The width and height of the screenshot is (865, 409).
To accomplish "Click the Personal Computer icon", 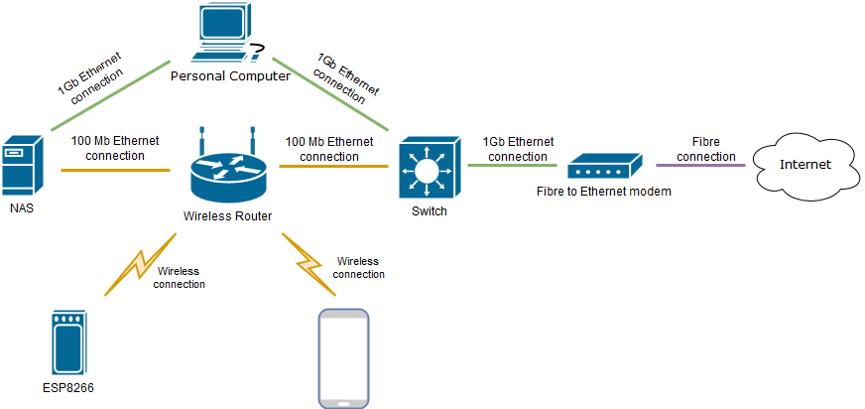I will click(226, 34).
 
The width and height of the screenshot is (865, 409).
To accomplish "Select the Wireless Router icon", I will click(227, 170).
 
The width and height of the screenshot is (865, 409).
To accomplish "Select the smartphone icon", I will click(341, 358).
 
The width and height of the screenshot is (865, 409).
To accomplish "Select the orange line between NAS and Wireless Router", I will click(115, 170).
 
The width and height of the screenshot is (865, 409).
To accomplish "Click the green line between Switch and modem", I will click(516, 165).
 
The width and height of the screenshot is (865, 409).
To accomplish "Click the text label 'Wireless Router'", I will click(227, 216).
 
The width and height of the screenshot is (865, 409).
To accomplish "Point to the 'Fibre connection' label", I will click(706, 150).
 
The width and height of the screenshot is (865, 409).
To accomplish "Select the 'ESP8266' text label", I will click(67, 389).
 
